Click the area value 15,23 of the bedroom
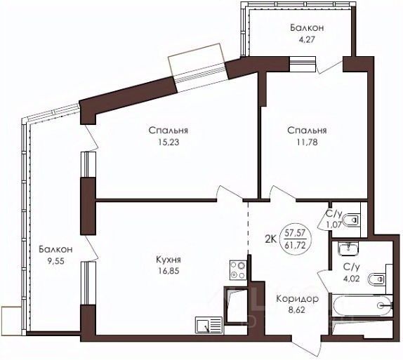(169, 142)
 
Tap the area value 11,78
(307, 142)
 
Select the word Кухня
(169, 260)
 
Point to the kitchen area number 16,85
(169, 271)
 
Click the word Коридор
(298, 299)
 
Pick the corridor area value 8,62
(298, 310)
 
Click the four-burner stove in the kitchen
(238, 270)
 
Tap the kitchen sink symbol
(209, 325)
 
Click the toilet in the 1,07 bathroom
(350, 220)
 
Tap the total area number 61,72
(295, 246)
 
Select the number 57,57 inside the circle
(295, 233)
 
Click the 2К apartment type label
(270, 239)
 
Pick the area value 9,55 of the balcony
(55, 261)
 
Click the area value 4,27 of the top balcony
(306, 40)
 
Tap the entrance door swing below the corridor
(309, 345)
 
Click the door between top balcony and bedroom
(330, 65)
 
